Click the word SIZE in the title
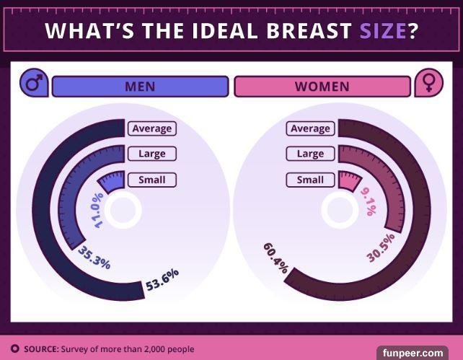tap(382, 32)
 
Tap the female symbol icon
tap(428, 84)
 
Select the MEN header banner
tap(140, 87)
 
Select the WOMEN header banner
tap(322, 87)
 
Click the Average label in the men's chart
tap(151, 128)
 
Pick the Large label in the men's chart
tap(151, 154)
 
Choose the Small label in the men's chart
tap(151, 180)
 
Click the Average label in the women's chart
tap(310, 128)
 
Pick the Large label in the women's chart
tap(310, 154)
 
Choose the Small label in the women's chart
tap(310, 180)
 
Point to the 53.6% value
tap(162, 279)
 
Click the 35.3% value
tap(94, 258)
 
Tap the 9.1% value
tap(367, 202)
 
